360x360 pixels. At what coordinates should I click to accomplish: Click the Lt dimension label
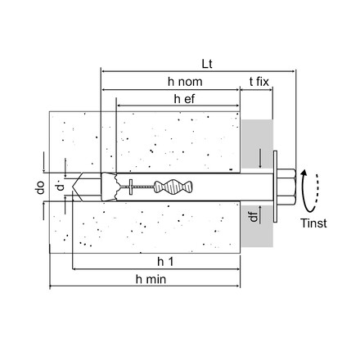[x=207, y=64]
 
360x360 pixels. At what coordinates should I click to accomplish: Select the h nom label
[x=185, y=82]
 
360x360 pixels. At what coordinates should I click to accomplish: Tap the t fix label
[x=259, y=82]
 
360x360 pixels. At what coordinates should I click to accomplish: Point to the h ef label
[x=184, y=99]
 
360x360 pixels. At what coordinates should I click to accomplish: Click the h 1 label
[x=165, y=262]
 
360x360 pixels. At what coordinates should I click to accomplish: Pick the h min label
[x=151, y=279]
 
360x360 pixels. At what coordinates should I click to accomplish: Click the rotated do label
[x=40, y=187]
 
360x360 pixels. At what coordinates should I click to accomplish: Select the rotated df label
[x=254, y=217]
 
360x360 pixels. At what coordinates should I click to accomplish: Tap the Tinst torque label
[x=313, y=223]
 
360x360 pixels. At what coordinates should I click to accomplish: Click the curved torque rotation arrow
[x=304, y=191]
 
